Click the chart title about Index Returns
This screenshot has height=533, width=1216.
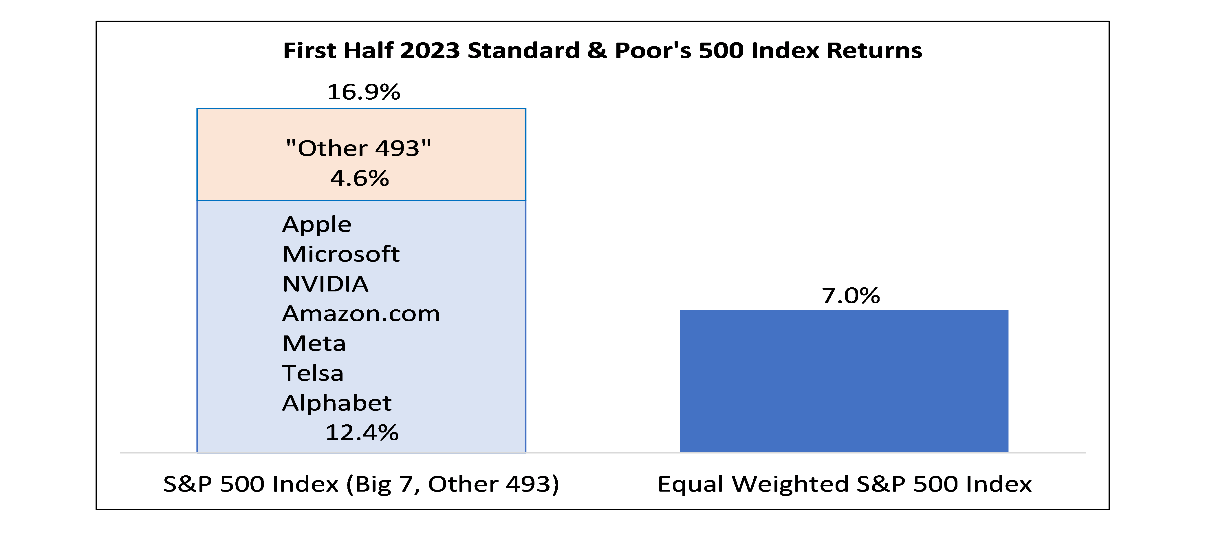coord(602,50)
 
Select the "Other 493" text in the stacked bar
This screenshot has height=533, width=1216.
coord(359,148)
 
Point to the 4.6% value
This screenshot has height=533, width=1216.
coord(360,178)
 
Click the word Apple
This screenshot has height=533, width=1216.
coord(317,224)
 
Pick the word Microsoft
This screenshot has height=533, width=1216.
coord(341,254)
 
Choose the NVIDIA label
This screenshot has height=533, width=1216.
coord(325,284)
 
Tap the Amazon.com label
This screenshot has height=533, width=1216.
coord(361,313)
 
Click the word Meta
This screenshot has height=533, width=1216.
coord(314,343)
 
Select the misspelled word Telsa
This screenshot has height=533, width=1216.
coord(312,373)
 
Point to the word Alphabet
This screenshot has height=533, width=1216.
coord(336,403)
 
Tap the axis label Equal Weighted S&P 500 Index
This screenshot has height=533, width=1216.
coord(845,484)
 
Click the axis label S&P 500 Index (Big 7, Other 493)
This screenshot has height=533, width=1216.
coord(361,484)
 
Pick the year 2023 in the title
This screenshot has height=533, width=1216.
coord(430,50)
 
